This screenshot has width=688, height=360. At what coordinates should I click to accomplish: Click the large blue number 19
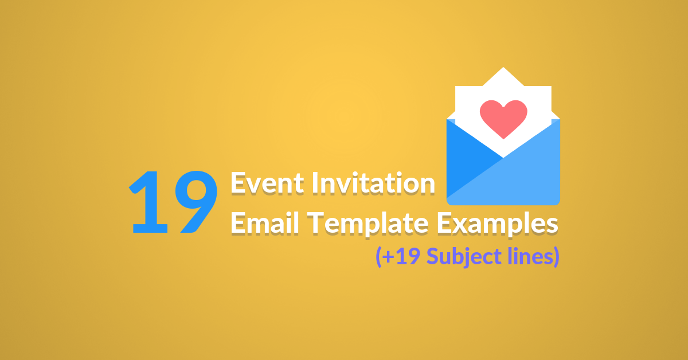[174, 202]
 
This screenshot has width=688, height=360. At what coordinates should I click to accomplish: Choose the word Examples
[497, 223]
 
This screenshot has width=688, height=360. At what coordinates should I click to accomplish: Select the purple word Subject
[459, 257]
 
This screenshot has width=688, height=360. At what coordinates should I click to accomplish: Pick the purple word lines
[527, 256]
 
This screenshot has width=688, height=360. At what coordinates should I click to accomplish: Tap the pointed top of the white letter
[503, 71]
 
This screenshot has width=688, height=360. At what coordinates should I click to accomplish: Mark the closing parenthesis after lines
[555, 257]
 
